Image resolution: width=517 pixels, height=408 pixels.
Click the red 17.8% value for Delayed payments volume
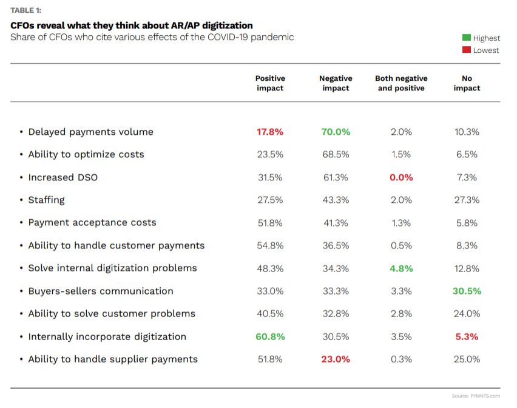270,132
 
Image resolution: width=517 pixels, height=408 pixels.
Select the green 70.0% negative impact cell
336,132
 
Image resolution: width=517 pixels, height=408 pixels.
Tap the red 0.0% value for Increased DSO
401,177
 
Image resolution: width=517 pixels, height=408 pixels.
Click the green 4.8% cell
401,268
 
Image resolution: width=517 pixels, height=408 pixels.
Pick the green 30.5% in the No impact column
467,291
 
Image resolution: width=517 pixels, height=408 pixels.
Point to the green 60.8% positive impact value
270,336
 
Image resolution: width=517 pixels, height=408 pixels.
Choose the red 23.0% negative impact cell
336,359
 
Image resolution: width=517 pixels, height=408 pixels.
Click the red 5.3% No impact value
467,336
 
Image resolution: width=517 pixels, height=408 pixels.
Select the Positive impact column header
270,83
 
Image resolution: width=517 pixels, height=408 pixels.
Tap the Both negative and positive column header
401,83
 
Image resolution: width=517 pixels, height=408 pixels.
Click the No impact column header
467,83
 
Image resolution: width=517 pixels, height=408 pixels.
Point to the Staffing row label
46,200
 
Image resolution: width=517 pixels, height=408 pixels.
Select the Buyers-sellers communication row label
100,291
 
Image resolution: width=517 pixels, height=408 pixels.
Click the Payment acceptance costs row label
92,222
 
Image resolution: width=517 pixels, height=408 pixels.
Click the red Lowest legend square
467,50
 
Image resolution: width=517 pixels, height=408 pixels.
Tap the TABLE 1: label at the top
26,10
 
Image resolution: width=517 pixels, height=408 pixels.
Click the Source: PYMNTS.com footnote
476,396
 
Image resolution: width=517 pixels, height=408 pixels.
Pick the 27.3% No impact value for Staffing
467,200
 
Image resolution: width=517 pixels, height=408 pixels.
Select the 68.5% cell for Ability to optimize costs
336,154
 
